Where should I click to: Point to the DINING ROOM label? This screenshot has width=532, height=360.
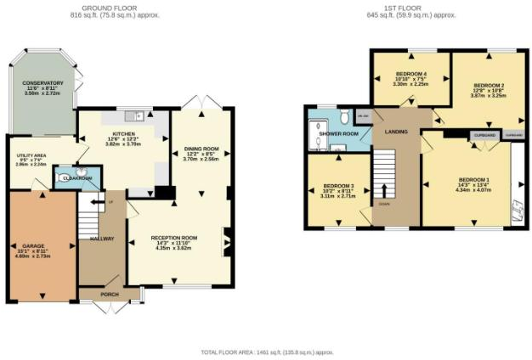[x=201, y=149]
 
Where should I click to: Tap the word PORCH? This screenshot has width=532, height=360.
[x=110, y=295]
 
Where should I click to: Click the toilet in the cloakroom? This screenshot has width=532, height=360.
[x=67, y=179]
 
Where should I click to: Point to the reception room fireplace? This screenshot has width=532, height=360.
[x=226, y=242]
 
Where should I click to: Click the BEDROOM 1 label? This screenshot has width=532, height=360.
[x=473, y=179]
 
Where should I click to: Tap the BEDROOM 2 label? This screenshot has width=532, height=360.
[x=489, y=86]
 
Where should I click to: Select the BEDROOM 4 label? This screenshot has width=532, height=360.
[x=410, y=75]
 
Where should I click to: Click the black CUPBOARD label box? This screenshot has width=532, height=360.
[x=482, y=134]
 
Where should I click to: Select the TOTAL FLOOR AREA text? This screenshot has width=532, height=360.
[x=267, y=351]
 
